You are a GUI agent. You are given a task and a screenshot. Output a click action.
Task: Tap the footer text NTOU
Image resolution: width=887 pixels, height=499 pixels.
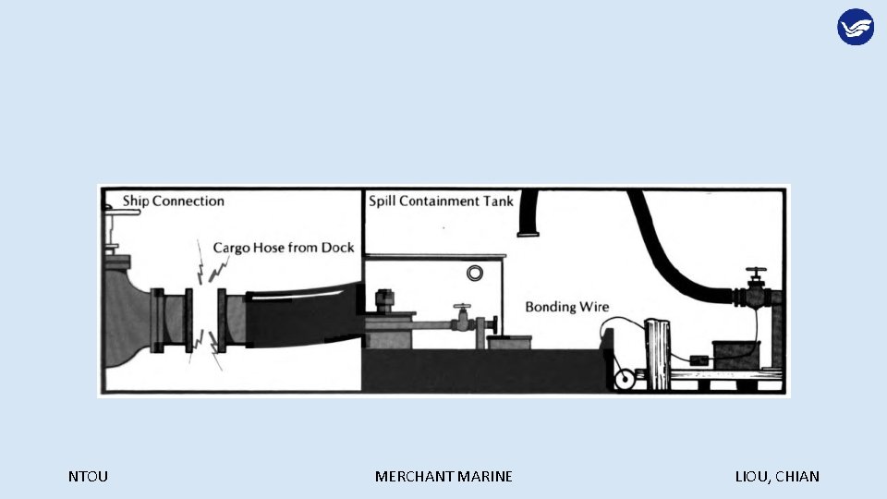(88, 477)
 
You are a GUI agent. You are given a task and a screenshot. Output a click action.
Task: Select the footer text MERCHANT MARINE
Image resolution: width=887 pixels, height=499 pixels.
(443, 477)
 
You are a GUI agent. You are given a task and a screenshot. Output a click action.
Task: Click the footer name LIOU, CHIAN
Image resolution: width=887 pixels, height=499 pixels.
(777, 477)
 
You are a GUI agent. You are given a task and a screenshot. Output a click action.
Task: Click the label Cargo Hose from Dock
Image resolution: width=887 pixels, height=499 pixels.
(284, 248)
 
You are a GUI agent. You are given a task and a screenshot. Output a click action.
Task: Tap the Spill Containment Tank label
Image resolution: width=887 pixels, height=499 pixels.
(437, 201)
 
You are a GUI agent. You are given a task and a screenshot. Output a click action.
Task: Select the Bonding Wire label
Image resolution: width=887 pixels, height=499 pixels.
(567, 307)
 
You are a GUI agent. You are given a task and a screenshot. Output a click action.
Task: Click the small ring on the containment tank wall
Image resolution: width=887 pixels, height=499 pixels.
(476, 274)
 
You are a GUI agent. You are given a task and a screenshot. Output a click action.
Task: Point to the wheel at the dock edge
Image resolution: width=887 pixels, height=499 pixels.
(625, 379)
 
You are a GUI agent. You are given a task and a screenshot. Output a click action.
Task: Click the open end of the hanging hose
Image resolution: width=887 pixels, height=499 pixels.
(529, 234)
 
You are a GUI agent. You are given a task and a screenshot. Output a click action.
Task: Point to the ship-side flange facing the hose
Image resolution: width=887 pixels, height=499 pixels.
(189, 321)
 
